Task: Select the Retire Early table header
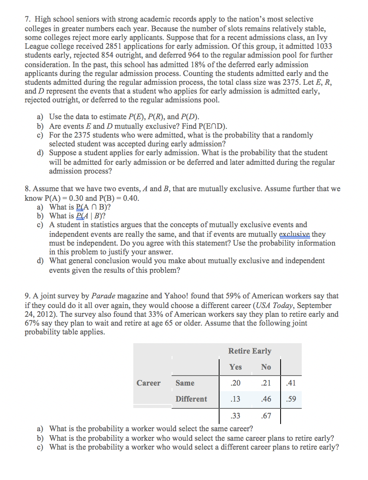(249, 351)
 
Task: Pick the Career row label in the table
(148, 383)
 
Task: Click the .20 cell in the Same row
(235, 383)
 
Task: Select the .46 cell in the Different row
(266, 399)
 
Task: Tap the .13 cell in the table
(235, 399)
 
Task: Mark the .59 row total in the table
(291, 399)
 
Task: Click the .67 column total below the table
(266, 416)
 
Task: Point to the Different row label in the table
(191, 399)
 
